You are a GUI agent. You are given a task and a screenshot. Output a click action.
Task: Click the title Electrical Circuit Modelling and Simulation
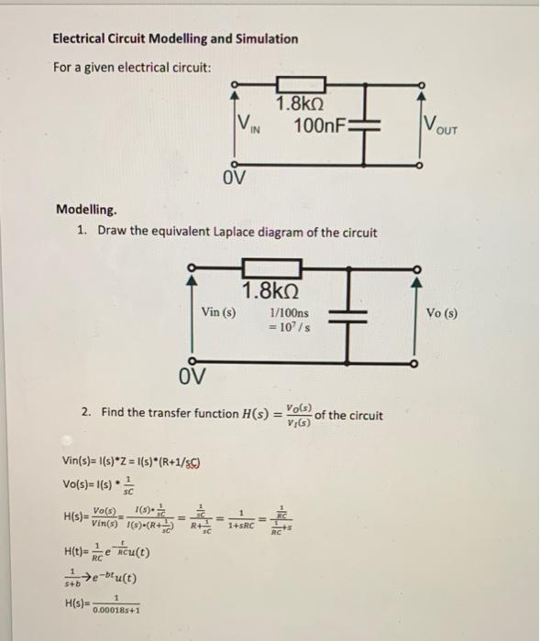coord(175,38)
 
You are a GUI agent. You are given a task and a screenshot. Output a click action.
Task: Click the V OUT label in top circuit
coord(446,125)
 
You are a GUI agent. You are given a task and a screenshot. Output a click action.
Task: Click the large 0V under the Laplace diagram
coord(193,376)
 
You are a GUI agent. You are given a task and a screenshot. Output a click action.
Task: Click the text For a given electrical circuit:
coord(132,69)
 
